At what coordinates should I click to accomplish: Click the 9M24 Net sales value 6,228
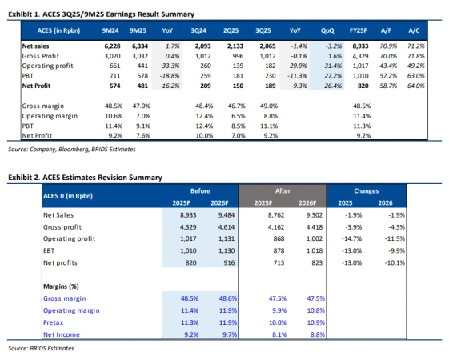(x=113, y=47)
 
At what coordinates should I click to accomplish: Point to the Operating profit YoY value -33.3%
(x=170, y=66)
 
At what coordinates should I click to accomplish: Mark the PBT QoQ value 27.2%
(x=324, y=74)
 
